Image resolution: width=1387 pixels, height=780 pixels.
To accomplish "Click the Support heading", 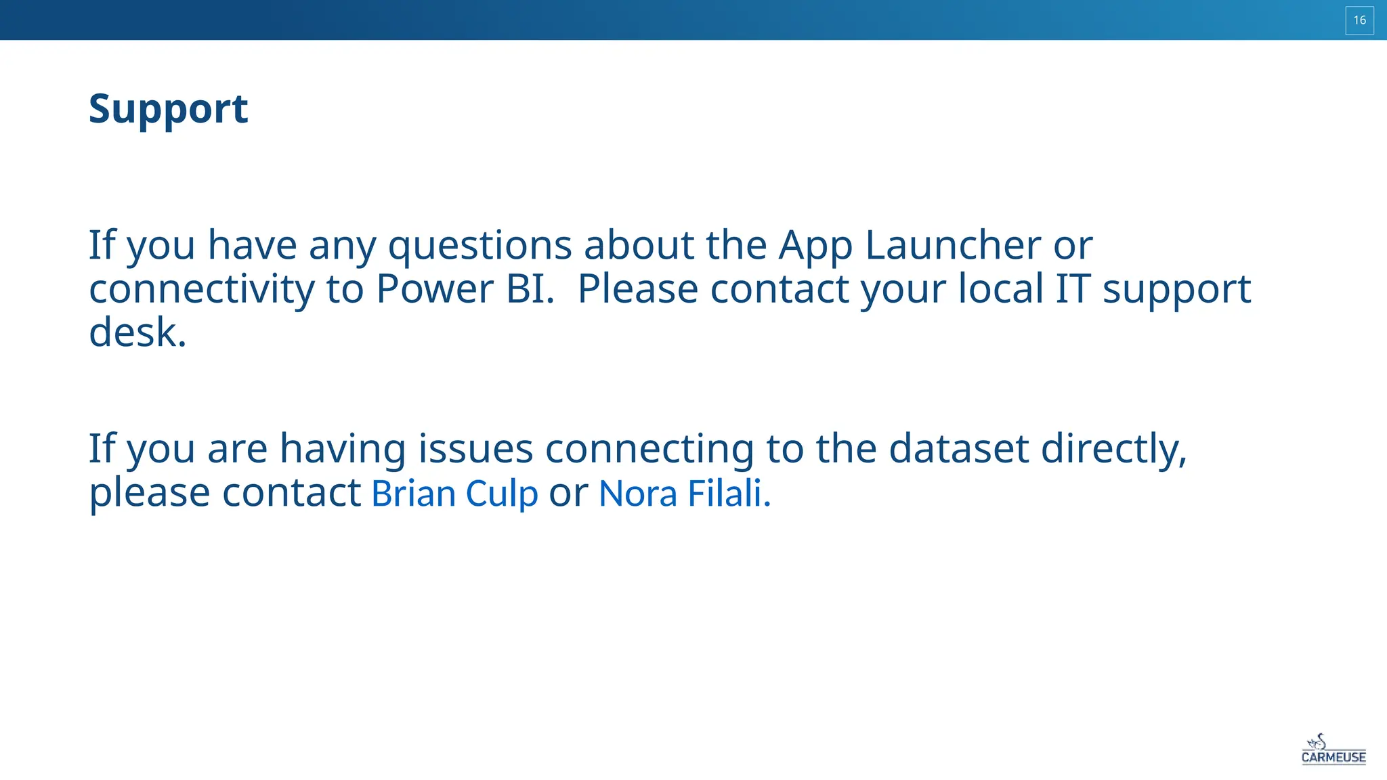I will coord(168,109).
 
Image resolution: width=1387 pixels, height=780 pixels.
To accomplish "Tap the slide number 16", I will coord(1359,20).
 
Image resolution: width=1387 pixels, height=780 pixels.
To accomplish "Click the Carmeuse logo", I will coord(1333,750).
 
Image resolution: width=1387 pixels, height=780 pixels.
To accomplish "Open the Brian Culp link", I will coord(454,493).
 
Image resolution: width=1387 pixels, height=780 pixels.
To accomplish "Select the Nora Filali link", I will coord(684,493).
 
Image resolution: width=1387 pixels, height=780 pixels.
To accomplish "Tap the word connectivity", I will coord(201,289).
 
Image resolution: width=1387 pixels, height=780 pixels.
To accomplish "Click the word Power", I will coord(435,289).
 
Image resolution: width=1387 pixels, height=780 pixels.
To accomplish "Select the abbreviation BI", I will coord(530,289).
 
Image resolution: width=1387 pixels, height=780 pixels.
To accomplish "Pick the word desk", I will coord(137,332).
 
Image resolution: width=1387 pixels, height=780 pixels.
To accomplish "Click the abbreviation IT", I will coord(1073,289).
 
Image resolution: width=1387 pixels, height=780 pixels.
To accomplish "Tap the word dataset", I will coord(958,448).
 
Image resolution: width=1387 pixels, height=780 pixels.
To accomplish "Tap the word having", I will coord(343,448).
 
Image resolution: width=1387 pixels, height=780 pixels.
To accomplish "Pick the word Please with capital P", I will coord(637,289).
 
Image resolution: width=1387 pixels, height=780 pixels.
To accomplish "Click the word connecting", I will coord(649,448).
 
